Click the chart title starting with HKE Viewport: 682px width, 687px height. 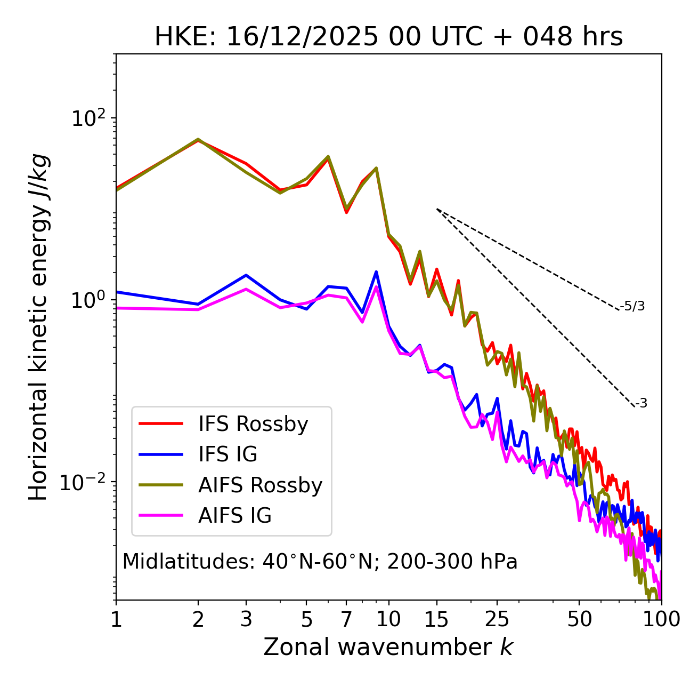388,37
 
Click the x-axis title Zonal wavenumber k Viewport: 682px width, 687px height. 388,647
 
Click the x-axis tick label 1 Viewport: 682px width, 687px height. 116,619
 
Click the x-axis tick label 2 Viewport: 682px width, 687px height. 198,619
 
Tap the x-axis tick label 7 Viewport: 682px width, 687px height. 346,619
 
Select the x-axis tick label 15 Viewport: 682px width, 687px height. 436,619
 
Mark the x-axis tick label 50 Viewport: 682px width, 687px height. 579,619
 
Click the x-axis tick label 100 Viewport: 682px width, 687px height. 661,619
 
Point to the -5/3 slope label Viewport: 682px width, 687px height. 632,306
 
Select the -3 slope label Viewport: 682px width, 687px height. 642,404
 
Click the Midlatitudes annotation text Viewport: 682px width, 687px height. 320,562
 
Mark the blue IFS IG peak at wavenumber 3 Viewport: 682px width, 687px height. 246,275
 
